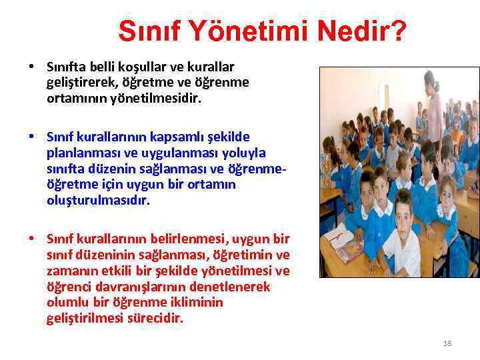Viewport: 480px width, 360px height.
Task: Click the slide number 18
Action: (x=447, y=343)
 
